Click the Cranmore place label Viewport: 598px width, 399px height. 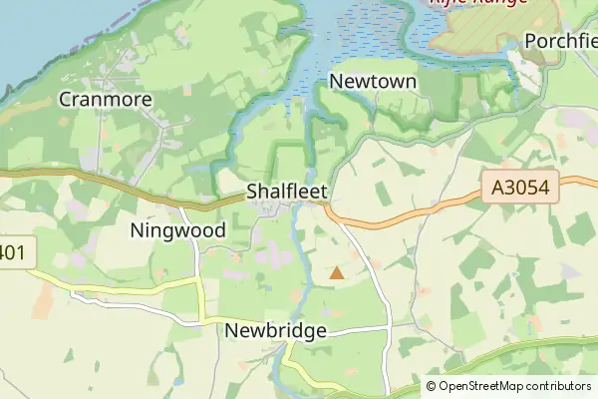(105, 99)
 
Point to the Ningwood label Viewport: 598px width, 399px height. (178, 230)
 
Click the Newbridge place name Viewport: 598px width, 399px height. (276, 330)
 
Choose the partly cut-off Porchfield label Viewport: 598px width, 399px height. (561, 42)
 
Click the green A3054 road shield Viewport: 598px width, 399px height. (519, 187)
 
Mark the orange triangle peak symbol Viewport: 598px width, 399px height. (337, 272)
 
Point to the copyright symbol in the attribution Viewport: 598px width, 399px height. (432, 386)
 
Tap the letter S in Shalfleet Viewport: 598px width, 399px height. (252, 192)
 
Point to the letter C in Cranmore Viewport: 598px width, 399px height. (66, 99)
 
